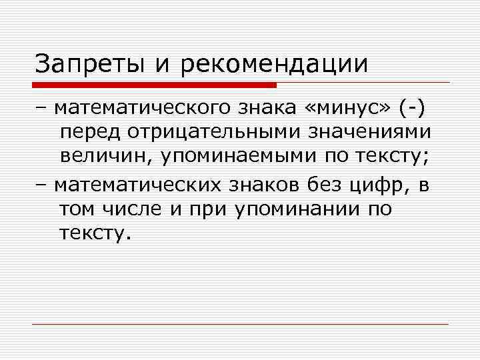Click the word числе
(133, 209)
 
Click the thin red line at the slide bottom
(240, 325)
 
